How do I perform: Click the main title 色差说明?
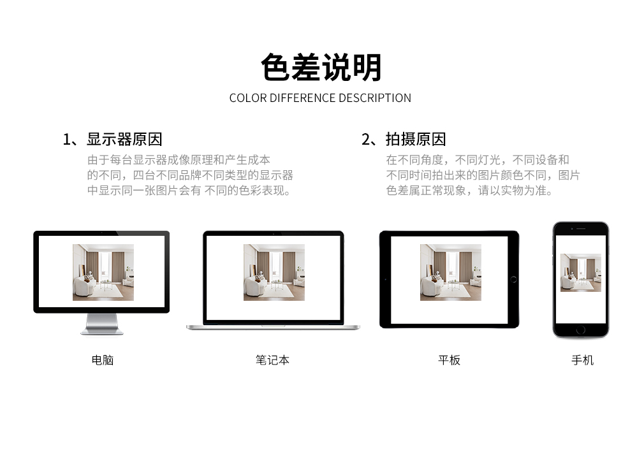click(x=321, y=68)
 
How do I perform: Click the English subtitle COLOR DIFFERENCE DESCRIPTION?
click(x=320, y=98)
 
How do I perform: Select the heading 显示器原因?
click(x=124, y=140)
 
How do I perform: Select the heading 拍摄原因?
click(x=416, y=140)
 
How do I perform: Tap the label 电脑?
click(x=102, y=360)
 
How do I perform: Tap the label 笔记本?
click(x=272, y=360)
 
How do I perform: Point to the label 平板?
click(x=449, y=360)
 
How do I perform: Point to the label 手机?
click(x=582, y=360)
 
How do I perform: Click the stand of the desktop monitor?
click(x=102, y=324)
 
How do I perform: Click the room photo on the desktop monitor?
click(x=103, y=272)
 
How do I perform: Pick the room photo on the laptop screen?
click(x=274, y=272)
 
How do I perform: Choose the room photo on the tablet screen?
click(x=451, y=272)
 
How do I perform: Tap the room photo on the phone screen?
click(x=581, y=273)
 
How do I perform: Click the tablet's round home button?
click(x=513, y=280)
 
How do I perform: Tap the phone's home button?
click(x=581, y=330)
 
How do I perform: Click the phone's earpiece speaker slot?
click(x=581, y=228)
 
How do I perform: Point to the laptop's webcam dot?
click(x=274, y=234)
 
